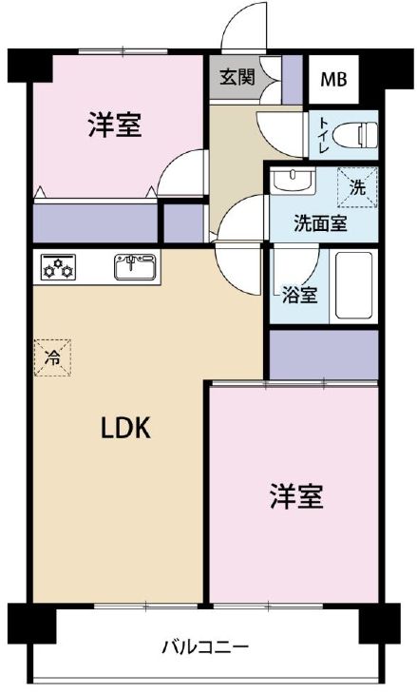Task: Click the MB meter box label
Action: (333, 80)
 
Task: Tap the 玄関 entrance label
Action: (237, 77)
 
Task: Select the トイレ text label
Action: (323, 135)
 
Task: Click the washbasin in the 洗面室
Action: (293, 181)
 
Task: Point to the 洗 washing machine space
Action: (358, 187)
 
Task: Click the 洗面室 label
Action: (321, 224)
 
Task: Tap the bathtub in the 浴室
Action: (353, 285)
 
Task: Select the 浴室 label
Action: (300, 296)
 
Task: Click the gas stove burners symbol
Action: (58, 267)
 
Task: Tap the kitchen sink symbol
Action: (135, 267)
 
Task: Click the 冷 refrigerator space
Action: (52, 357)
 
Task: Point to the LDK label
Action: (126, 428)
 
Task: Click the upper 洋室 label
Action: (115, 125)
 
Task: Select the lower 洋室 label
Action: (296, 496)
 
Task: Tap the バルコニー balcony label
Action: (205, 648)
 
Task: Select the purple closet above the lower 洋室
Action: (324, 355)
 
